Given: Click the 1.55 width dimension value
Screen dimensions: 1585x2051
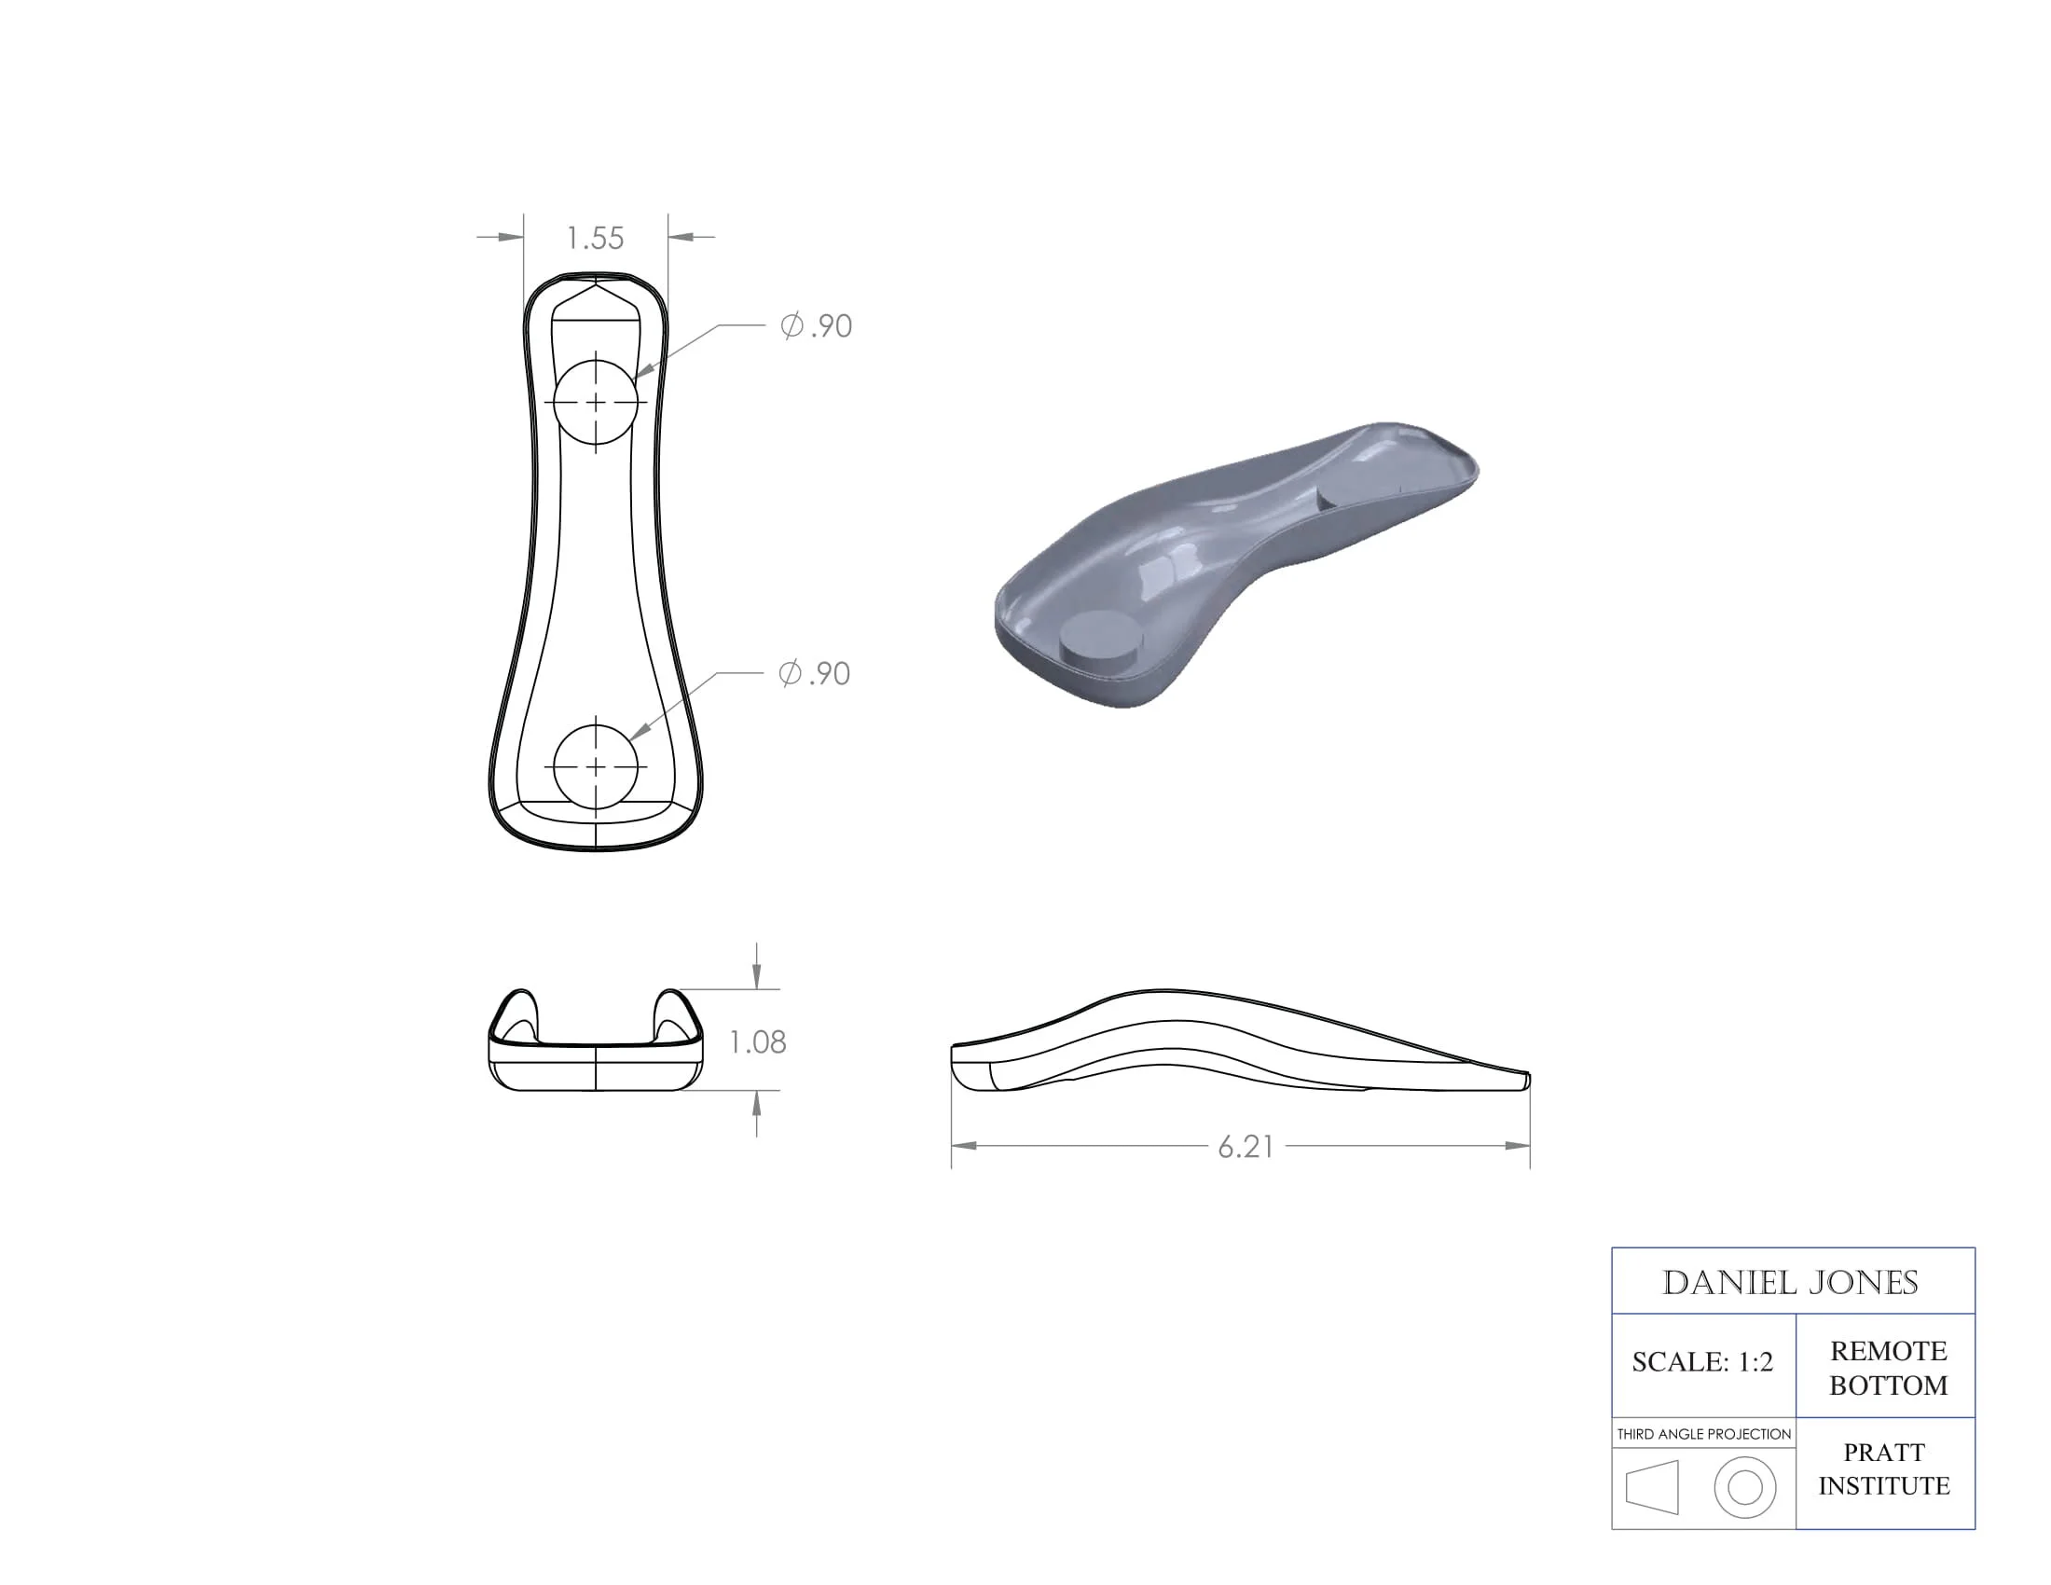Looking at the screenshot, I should pos(596,239).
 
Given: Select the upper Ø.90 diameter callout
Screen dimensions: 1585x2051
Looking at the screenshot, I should pos(816,325).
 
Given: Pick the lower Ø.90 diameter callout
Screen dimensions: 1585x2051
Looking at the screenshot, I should pos(814,673).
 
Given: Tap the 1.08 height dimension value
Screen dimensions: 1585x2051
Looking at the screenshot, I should pos(757,1041).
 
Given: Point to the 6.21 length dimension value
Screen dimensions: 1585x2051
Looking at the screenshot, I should pos(1246,1147).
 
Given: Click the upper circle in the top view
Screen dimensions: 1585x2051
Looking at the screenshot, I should pos(596,402).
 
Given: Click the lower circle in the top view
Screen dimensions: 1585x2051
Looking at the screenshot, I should pos(596,767).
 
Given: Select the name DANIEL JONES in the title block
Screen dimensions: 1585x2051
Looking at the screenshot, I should pos(1790,1283).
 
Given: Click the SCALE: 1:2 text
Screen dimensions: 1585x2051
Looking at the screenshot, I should pos(1701,1361).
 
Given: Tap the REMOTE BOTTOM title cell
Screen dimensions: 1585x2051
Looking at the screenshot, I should pos(1888,1367).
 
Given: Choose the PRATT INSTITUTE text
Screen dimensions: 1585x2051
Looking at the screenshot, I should pos(1884,1468).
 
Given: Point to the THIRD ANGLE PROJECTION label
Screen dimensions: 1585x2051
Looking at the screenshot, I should pos(1703,1434).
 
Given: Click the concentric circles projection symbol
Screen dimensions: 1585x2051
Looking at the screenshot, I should pos(1745,1487).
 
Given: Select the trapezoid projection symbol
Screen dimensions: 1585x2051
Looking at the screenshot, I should pos(1653,1487).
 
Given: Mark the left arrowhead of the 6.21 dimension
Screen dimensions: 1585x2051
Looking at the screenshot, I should pos(964,1146).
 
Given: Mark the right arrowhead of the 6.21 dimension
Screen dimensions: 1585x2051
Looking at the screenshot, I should pos(1519,1146).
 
